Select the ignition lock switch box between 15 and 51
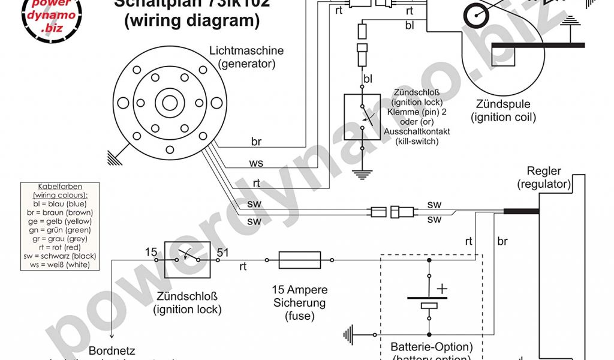187,259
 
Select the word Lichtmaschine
246,51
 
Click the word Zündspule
503,105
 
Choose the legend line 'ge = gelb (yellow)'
59,221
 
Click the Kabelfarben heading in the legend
59,187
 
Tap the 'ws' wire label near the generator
256,163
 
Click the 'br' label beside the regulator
502,241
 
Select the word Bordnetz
112,350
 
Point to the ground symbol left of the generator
113,157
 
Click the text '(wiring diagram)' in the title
192,21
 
